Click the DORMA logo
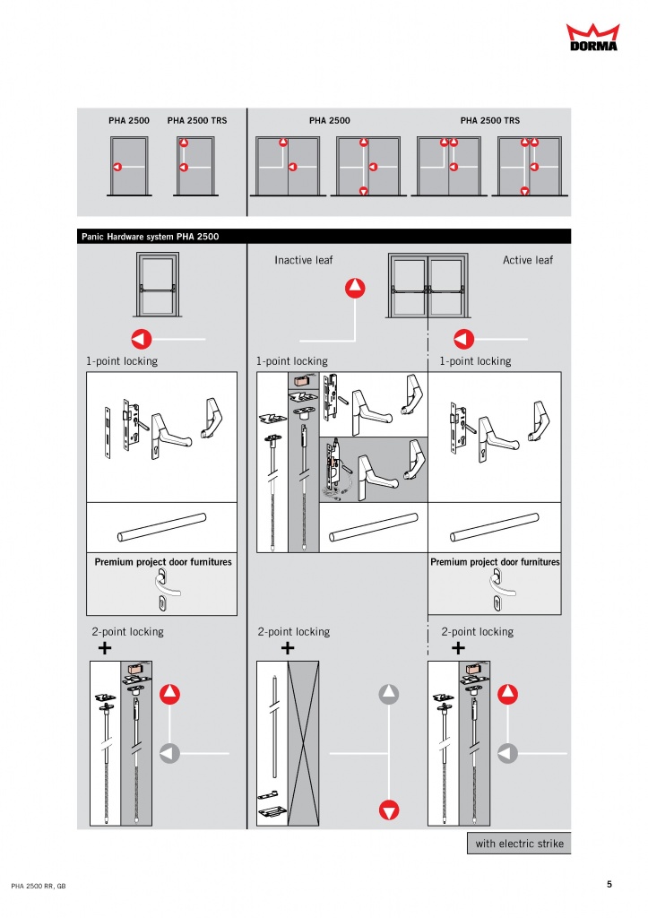tap(592, 38)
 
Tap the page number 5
tap(609, 884)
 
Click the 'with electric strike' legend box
tap(519, 843)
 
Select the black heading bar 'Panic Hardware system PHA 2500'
tap(324, 237)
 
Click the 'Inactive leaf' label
tap(303, 260)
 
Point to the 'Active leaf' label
tap(527, 260)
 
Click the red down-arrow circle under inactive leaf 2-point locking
tap(389, 810)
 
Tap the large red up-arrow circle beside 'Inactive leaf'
tap(355, 288)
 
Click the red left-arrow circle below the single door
tap(141, 339)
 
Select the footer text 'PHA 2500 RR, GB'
tap(38, 886)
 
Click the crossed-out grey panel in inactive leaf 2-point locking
tap(303, 743)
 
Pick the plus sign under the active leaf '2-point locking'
tap(458, 647)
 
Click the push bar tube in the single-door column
tap(161, 527)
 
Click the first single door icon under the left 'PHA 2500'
tap(129, 166)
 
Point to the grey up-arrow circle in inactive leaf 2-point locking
tap(389, 695)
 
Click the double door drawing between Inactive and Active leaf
tap(428, 285)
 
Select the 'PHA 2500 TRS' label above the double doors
tap(490, 121)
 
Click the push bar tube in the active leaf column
tap(495, 527)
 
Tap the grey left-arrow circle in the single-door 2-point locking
tap(169, 753)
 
